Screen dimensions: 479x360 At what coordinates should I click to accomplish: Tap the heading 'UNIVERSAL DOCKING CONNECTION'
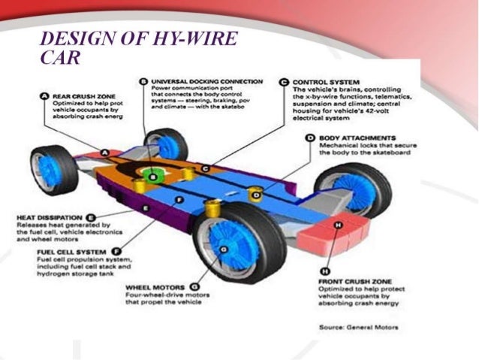[206, 81]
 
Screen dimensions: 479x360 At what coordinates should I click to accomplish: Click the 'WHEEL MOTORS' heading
[155, 286]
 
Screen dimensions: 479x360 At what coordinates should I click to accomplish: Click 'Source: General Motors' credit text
[358, 327]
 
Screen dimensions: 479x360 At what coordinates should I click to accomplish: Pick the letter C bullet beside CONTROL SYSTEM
[284, 81]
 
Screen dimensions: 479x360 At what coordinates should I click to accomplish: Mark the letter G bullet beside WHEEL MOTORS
[194, 286]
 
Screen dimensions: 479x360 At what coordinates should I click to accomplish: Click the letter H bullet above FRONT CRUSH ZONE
[324, 270]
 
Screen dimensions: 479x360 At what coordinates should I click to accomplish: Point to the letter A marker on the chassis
[105, 153]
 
